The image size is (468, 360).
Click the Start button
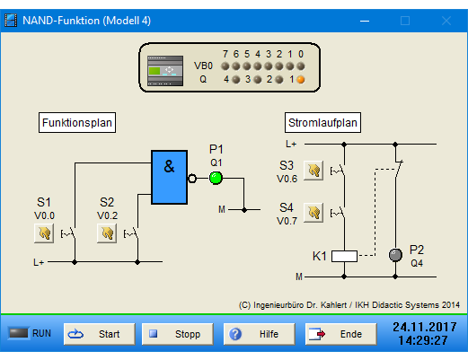[100, 334]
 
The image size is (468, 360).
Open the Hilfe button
[260, 334]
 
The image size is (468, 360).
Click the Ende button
[341, 334]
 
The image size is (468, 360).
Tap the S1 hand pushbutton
[44, 233]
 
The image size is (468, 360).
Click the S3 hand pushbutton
[313, 171]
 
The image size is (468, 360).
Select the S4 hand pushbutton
[313, 213]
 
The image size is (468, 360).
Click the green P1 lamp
[216, 178]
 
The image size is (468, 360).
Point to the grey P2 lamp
[395, 255]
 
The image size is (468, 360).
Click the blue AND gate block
[170, 178]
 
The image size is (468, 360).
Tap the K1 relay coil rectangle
[344, 256]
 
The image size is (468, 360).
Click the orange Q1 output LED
[301, 80]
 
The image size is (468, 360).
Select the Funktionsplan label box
[77, 123]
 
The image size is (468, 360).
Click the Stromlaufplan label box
[322, 123]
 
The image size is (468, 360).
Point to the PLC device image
[165, 71]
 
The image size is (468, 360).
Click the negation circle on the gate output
[192, 179]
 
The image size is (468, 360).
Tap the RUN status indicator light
[18, 333]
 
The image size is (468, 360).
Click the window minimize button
[365, 21]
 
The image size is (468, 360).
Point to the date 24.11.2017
[425, 327]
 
